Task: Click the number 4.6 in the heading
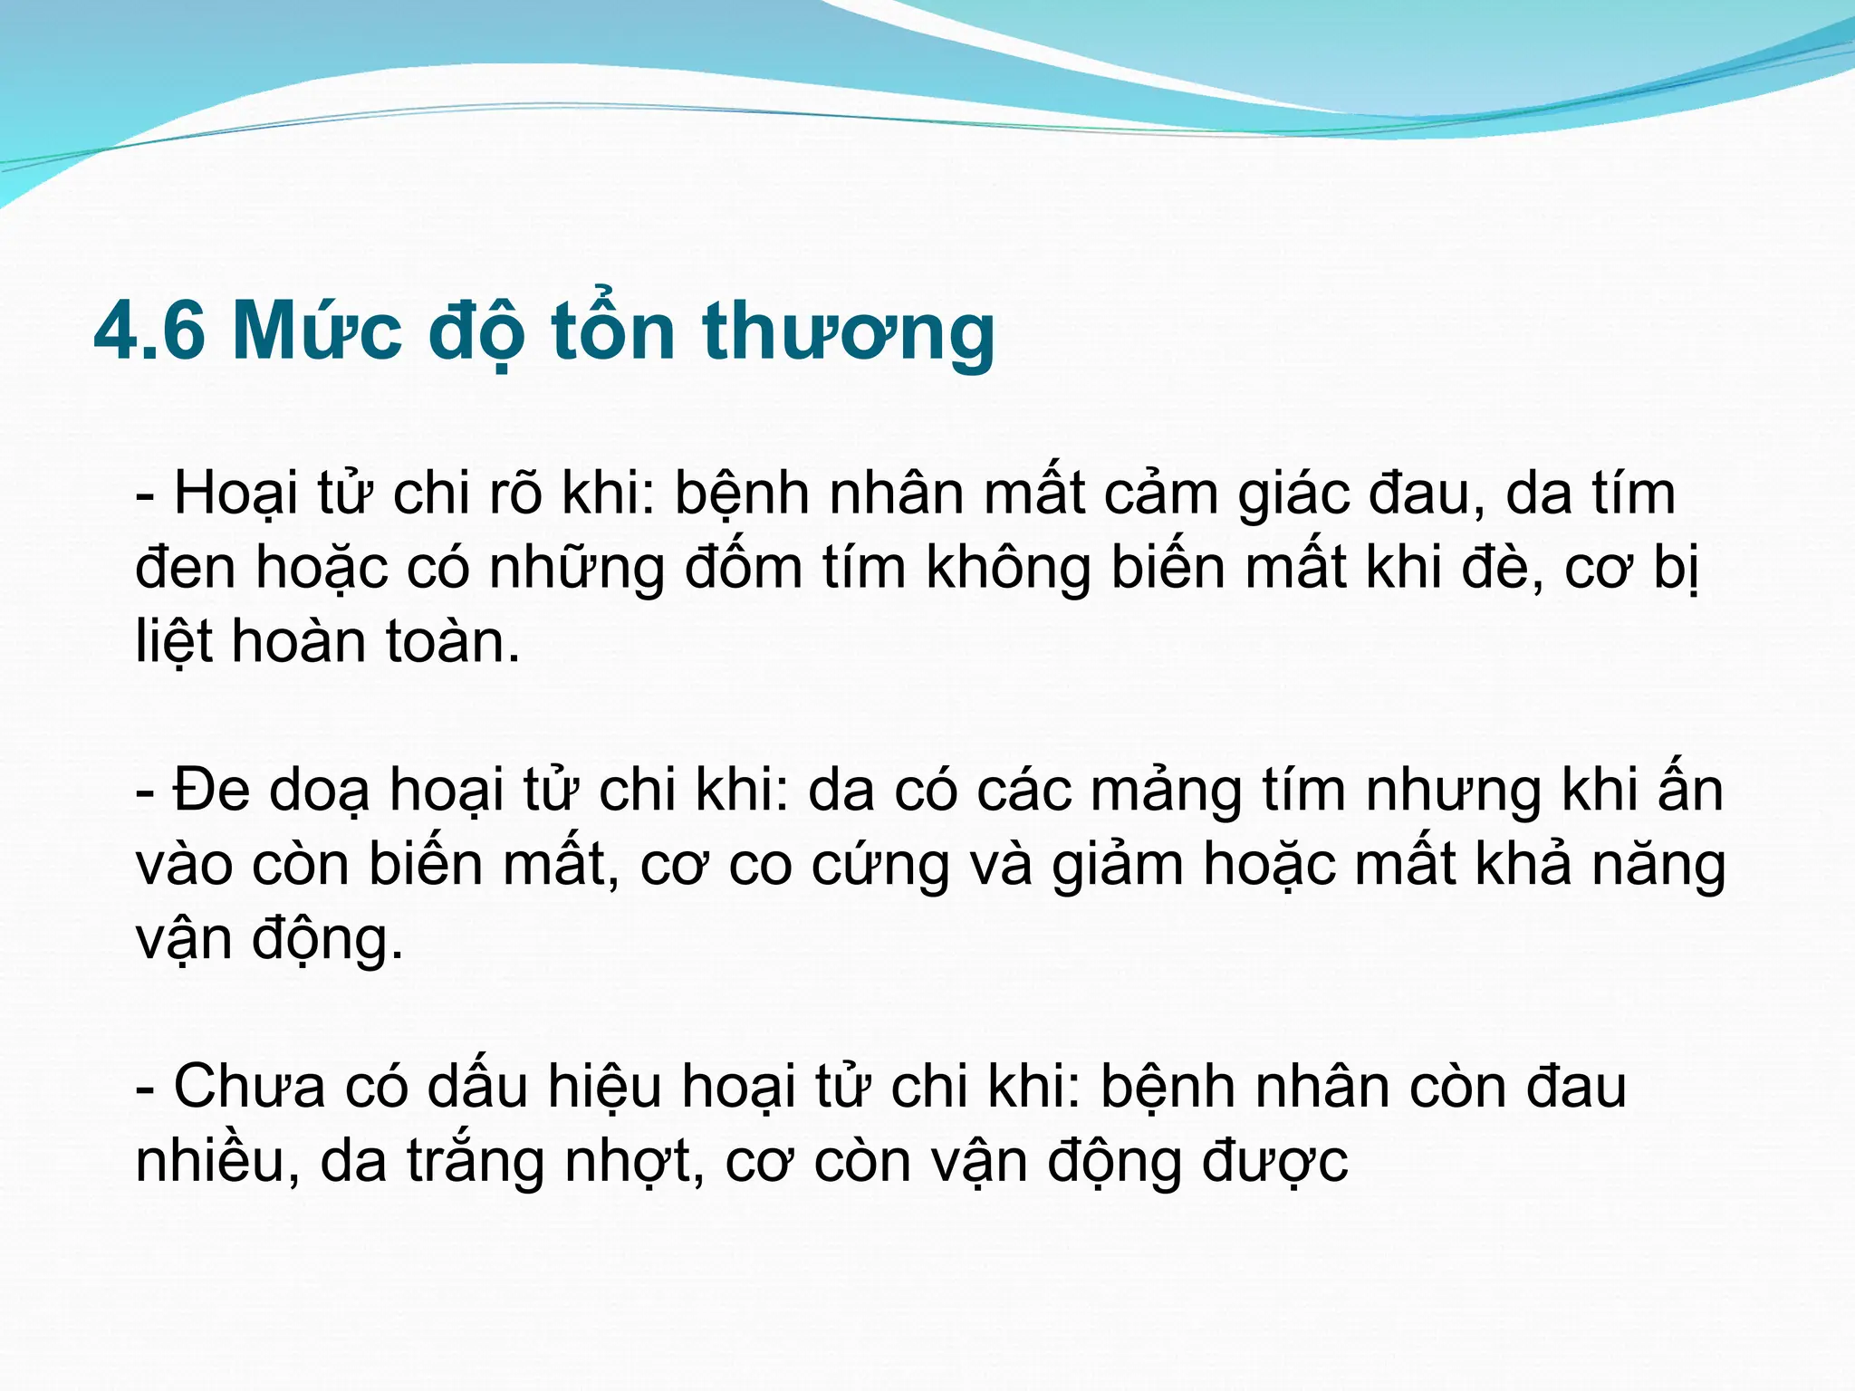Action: coord(149,331)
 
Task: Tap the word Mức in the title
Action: coord(316,331)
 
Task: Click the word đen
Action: coord(185,570)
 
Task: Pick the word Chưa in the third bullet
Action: coord(248,1087)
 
